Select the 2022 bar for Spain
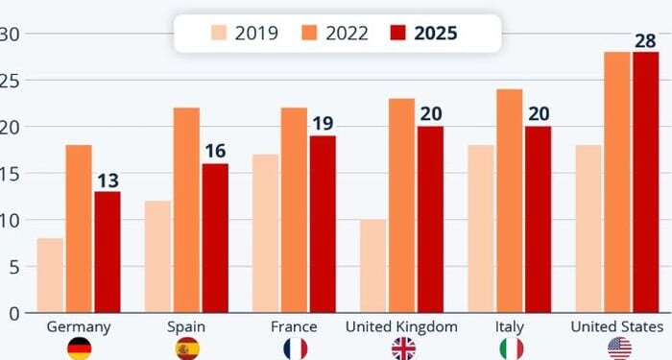tap(186, 210)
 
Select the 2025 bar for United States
tap(645, 182)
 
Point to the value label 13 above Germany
tap(107, 180)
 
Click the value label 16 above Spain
tap(214, 152)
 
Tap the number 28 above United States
tap(645, 40)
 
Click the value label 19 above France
tap(322, 124)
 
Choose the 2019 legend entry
tap(245, 34)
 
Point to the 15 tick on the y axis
tap(10, 174)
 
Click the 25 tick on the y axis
tap(10, 81)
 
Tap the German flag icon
tap(79, 348)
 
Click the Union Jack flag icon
tap(401, 348)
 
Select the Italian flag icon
tap(509, 348)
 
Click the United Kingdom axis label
tap(401, 327)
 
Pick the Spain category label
tap(186, 327)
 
